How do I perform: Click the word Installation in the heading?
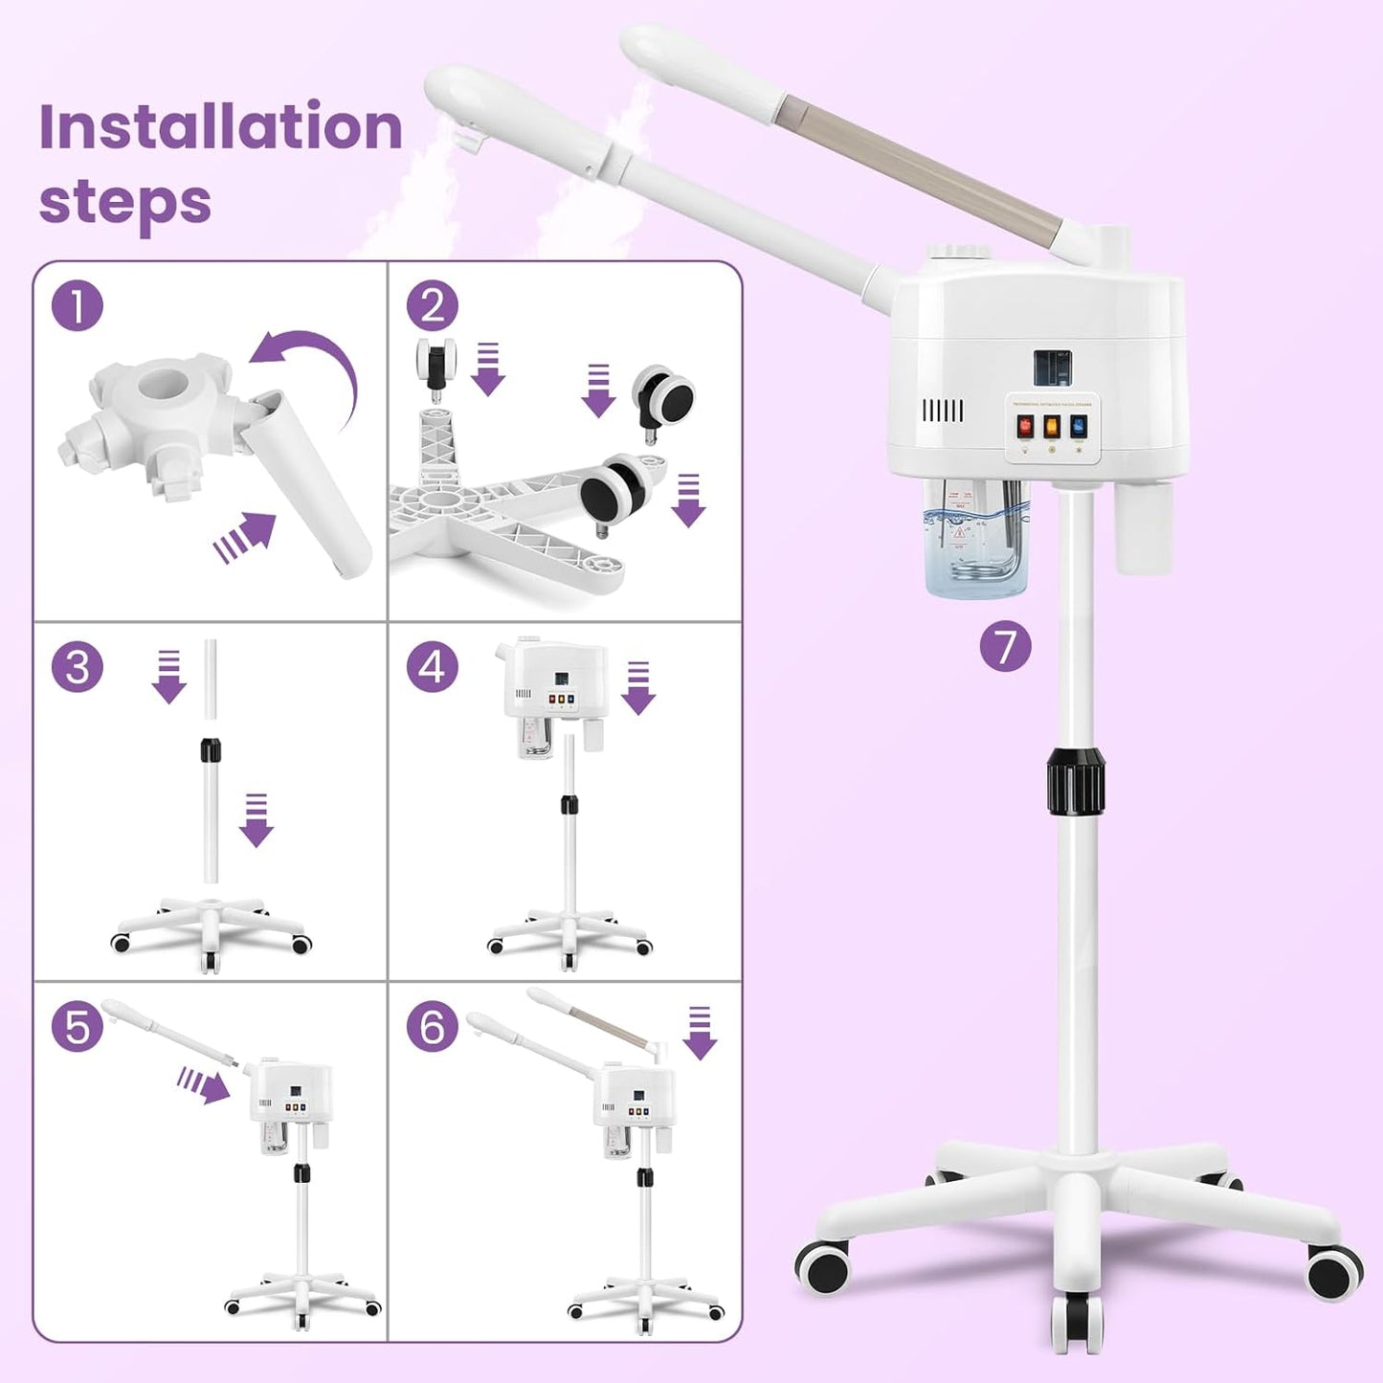tap(220, 126)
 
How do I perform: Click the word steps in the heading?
tap(124, 201)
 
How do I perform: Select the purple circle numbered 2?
tap(432, 306)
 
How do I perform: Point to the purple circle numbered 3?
tap(77, 667)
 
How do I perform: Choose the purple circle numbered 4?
tap(432, 667)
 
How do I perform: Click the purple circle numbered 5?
tap(77, 1027)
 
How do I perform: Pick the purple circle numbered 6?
tap(432, 1027)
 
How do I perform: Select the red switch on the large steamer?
tap(1025, 427)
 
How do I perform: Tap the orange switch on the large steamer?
tap(1052, 427)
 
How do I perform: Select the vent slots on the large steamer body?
tap(942, 412)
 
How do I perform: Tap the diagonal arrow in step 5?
tap(203, 1085)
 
